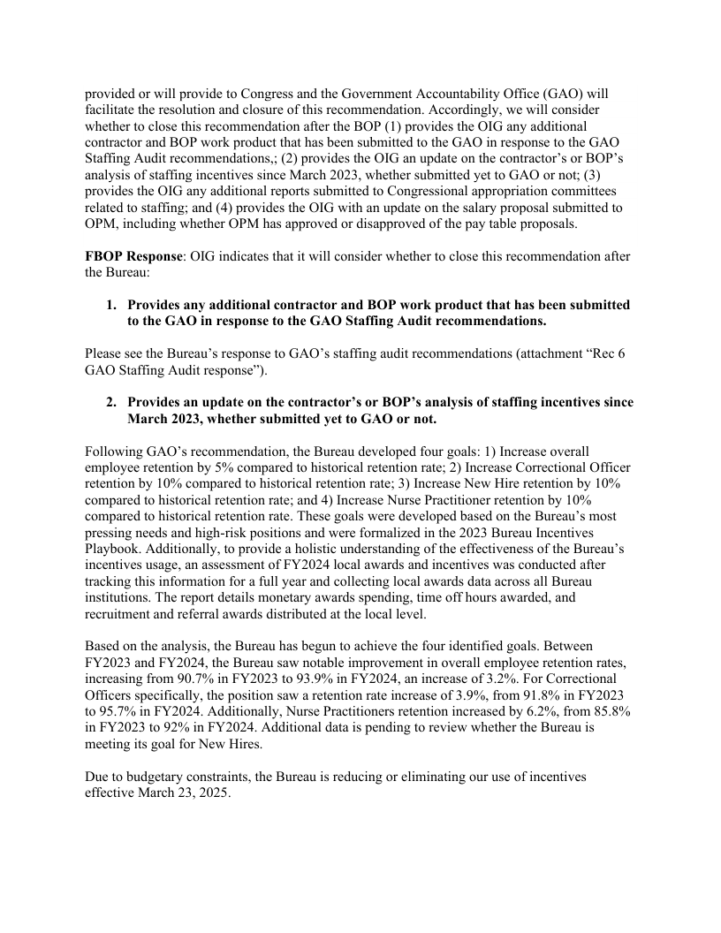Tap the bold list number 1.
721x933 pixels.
tap(111, 305)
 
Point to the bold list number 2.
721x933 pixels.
tap(111, 402)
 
